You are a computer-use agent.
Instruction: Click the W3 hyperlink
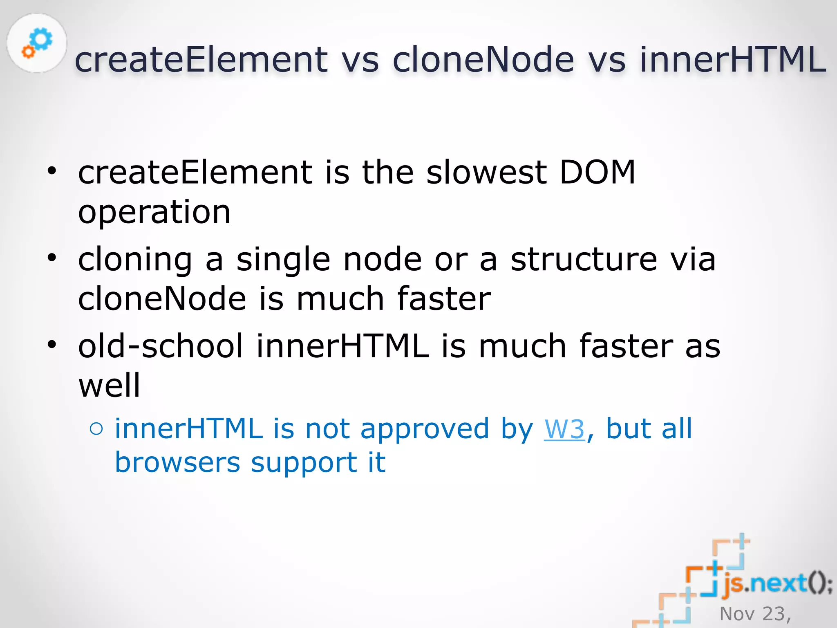(x=564, y=429)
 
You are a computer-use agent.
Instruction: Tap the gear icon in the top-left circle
(x=37, y=43)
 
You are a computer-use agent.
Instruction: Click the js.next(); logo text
(x=777, y=583)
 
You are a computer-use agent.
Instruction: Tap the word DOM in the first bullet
(x=597, y=172)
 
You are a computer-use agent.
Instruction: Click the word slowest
(x=486, y=172)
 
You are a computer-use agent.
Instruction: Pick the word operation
(x=154, y=213)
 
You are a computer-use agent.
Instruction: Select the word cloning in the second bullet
(x=135, y=260)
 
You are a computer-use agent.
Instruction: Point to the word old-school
(x=161, y=346)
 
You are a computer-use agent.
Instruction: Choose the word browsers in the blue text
(x=177, y=463)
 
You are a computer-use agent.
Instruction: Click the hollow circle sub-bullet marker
(x=96, y=429)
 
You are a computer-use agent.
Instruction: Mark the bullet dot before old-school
(x=51, y=345)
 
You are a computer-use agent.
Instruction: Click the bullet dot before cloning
(x=51, y=258)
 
